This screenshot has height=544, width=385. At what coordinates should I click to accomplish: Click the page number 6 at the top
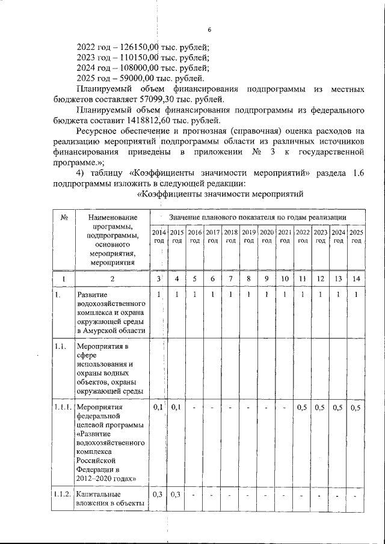209,30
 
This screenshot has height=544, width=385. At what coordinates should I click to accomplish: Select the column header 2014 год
158,236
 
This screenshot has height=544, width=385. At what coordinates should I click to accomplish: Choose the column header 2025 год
356,236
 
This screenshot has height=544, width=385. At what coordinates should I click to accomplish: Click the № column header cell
63,217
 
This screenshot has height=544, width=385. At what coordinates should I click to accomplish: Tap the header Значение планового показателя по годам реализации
257,216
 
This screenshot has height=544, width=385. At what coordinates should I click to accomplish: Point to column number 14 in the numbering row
356,278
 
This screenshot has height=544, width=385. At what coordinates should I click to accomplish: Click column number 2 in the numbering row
112,279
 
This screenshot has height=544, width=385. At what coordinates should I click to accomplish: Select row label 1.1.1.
64,408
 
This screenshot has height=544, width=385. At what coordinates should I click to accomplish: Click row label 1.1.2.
64,494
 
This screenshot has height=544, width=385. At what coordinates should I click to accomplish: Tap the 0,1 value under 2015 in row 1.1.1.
176,408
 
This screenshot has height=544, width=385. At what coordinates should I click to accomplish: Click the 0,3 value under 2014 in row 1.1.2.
158,494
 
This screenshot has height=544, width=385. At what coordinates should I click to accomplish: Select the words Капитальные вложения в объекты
112,498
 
